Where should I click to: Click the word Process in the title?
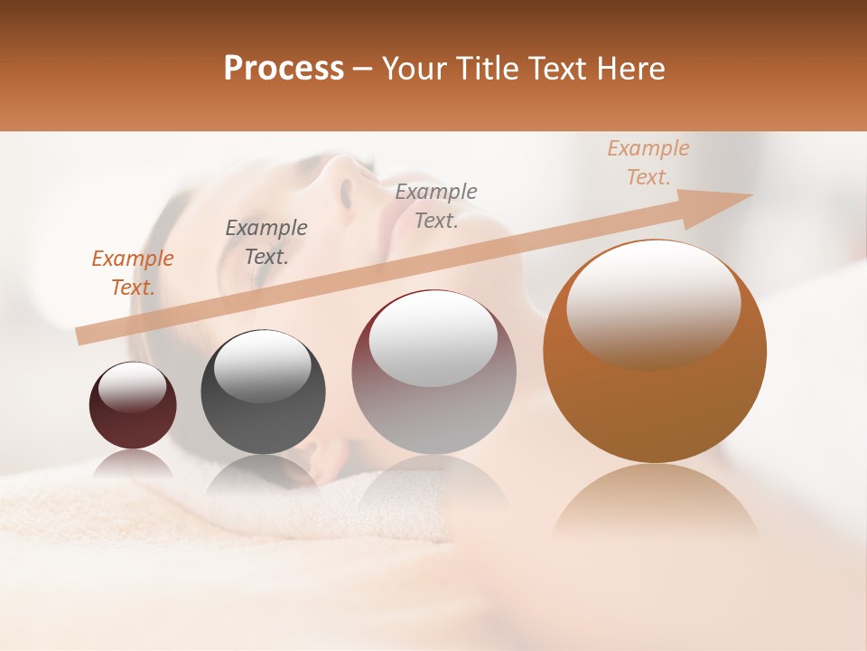coord(284,69)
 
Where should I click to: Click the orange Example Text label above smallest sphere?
coord(133,273)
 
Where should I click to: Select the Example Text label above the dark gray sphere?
coord(266,242)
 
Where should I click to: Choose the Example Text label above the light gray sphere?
coord(436,206)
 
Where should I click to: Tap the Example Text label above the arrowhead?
coord(648,163)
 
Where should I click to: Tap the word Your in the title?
coord(410,69)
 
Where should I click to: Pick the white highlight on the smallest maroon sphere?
coord(133,386)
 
